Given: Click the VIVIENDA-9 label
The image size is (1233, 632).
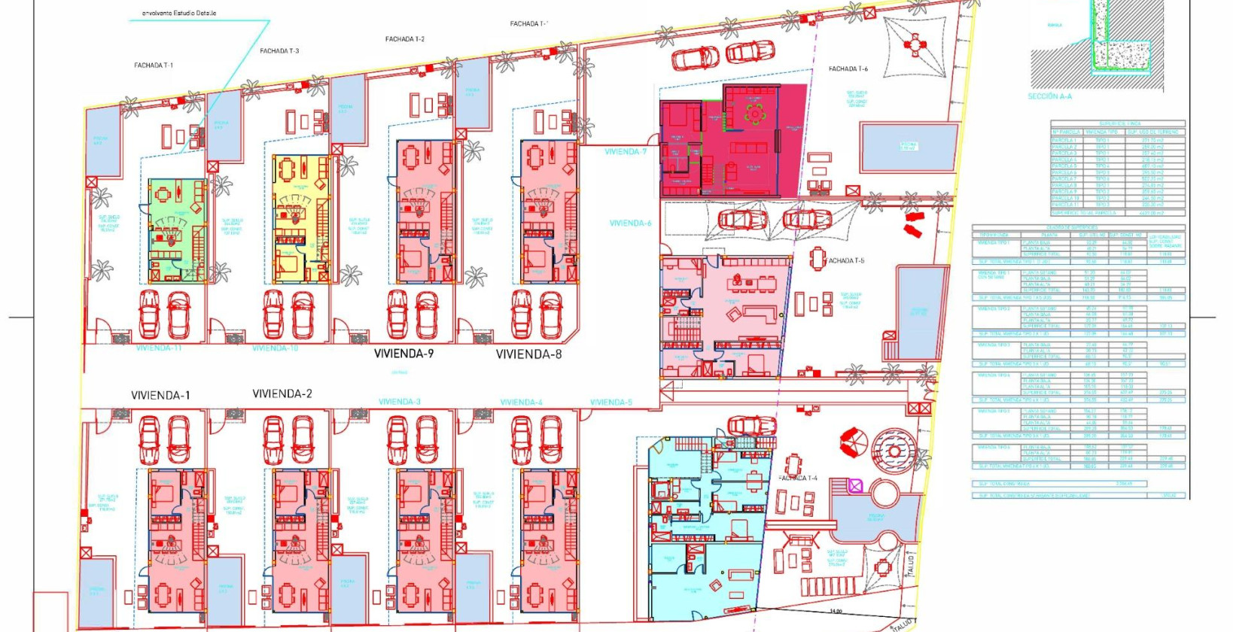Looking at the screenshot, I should click(403, 354).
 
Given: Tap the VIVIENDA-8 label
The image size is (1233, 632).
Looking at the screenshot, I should click(528, 354).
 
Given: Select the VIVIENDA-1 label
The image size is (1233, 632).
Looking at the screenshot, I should click(160, 395).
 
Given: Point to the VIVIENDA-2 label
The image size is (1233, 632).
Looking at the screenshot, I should click(282, 393).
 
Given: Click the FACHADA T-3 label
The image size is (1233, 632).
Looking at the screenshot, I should click(279, 51).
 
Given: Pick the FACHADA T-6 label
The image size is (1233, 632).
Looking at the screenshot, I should click(848, 69).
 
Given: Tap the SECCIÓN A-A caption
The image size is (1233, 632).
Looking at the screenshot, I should click(1049, 96).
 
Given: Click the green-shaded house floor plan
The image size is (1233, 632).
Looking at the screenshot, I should click(176, 229).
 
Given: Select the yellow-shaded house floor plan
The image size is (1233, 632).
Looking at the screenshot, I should click(301, 218).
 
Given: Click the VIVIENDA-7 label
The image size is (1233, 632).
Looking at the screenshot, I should click(626, 152).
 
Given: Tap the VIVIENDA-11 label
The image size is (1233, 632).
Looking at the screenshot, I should click(159, 348).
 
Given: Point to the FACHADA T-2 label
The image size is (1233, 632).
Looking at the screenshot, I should click(404, 39).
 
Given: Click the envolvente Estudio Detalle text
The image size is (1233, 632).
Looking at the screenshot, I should click(179, 13).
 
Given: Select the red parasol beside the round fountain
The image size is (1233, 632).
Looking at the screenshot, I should click(853, 442).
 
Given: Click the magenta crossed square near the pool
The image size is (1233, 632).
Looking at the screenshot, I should click(855, 486).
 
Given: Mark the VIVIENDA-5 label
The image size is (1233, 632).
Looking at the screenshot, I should click(611, 403).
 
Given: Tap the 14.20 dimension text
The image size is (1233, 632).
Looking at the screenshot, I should click(836, 612).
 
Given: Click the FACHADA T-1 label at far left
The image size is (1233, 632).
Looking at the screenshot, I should click(154, 65).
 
